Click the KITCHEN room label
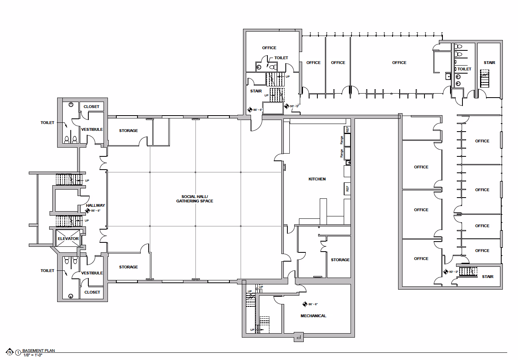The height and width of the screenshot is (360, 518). click(317, 179)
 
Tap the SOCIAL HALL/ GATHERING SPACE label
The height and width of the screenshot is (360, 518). click(195, 199)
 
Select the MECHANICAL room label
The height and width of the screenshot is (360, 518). click(313, 316)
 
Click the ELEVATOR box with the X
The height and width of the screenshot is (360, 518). click(68, 238)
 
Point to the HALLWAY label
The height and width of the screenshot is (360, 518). click(95, 206)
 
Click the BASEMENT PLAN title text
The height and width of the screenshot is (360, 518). click(39, 350)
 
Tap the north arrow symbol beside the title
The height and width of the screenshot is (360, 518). click(9, 352)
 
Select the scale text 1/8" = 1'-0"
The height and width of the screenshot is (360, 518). click(33, 355)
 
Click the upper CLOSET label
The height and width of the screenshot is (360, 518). click(92, 107)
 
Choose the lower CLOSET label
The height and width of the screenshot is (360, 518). click(92, 292)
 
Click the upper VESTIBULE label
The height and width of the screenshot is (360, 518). click(92, 129)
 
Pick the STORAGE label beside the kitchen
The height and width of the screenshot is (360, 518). click(340, 260)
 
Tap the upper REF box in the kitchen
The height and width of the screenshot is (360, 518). click(347, 130)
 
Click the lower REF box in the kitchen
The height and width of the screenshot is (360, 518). click(347, 189)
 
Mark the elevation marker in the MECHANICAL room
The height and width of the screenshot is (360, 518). click(305, 304)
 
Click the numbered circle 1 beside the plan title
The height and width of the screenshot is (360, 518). click(18, 353)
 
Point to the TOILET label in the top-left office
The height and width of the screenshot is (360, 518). click(281, 58)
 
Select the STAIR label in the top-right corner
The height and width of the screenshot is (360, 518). click(489, 62)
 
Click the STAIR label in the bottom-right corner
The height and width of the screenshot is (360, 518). click(488, 276)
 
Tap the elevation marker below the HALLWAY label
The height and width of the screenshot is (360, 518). click(88, 210)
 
